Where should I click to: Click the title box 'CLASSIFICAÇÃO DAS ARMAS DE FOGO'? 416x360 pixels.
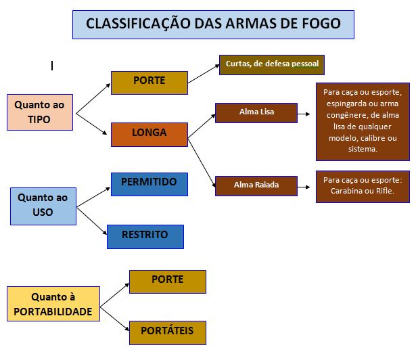point(213,24)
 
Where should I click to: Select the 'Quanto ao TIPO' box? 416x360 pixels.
point(40,112)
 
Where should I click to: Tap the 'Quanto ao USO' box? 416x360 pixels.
point(43,206)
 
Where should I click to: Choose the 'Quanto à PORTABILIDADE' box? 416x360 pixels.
point(53,304)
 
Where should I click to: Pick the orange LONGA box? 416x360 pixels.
point(149,134)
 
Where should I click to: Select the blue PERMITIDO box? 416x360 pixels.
point(149,184)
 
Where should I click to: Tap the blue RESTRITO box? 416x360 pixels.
point(145,236)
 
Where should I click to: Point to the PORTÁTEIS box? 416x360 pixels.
point(167,332)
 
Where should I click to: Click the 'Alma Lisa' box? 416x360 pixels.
point(256,112)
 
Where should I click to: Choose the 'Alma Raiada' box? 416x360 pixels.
point(256,185)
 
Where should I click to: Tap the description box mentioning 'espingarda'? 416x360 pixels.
point(362,121)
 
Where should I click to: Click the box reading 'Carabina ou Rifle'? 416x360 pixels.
point(362,186)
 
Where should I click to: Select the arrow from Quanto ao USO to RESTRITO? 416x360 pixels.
point(92,221)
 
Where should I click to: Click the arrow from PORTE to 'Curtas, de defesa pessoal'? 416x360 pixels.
point(203,74)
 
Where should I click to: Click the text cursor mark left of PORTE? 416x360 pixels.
point(52,66)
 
